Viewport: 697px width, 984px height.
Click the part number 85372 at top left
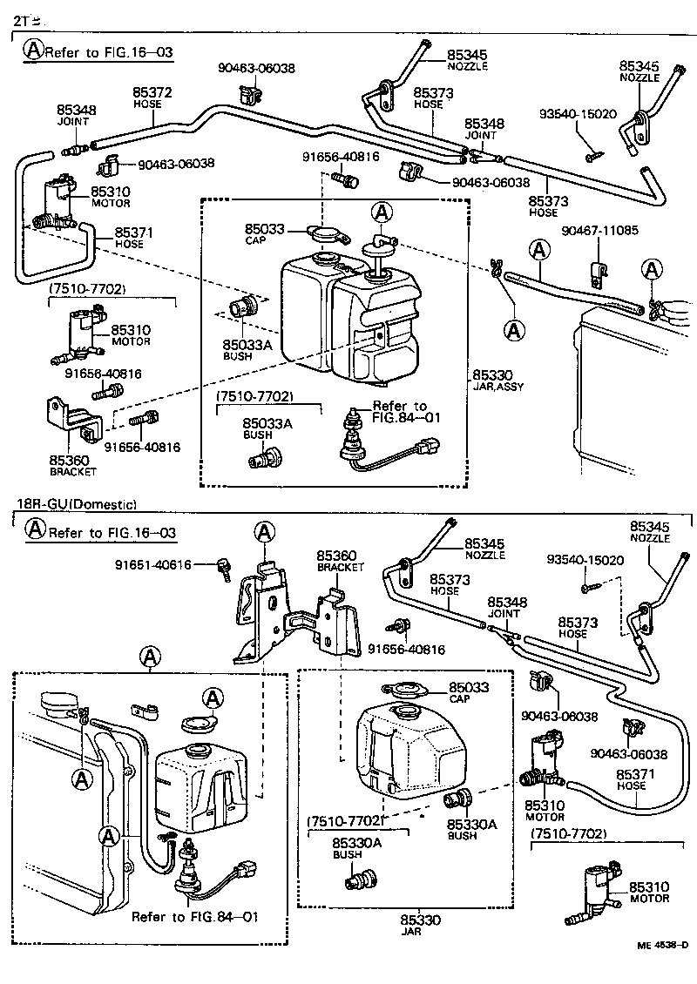point(152,91)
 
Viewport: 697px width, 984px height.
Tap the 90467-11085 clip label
point(600,231)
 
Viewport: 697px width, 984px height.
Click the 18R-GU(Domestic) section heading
point(78,504)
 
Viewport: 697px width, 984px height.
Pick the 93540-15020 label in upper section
point(578,114)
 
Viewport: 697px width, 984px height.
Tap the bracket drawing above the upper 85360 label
point(74,417)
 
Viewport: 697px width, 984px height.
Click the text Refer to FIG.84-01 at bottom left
point(195,917)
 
